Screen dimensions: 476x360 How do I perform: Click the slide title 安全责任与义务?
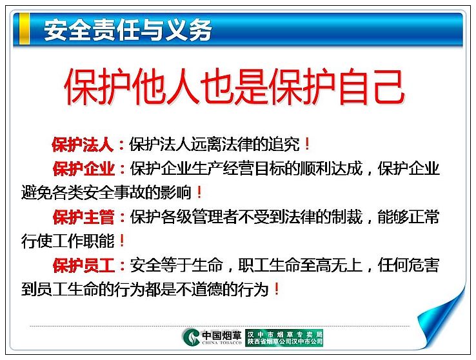pyautogui.click(x=128, y=30)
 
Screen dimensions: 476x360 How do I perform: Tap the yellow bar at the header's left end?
pyautogui.click(x=25, y=29)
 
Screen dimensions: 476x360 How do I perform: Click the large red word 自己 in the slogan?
pyautogui.click(x=372, y=86)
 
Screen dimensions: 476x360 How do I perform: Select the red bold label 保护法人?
pyautogui.click(x=83, y=145)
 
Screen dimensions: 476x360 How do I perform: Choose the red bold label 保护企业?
pyautogui.click(x=84, y=169)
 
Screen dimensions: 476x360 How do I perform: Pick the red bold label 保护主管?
pyautogui.click(x=84, y=217)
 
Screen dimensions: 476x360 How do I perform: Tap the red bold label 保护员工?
pyautogui.click(x=84, y=265)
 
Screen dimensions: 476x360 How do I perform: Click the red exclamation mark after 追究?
pyautogui.click(x=307, y=144)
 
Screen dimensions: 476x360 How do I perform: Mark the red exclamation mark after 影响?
pyautogui.click(x=199, y=192)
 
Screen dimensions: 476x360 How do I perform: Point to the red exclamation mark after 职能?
pyautogui.click(x=122, y=241)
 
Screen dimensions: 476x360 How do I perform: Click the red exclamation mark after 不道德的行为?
pyautogui.click(x=277, y=289)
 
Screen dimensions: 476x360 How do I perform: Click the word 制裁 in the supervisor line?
pyautogui.click(x=347, y=217)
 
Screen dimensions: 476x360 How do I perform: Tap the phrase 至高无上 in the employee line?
pyautogui.click(x=332, y=265)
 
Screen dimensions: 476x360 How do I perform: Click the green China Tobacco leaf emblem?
pyautogui.click(x=192, y=337)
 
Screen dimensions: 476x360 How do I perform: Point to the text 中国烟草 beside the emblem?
pyautogui.click(x=222, y=335)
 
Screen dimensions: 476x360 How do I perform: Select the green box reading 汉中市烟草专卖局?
pyautogui.click(x=284, y=337)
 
